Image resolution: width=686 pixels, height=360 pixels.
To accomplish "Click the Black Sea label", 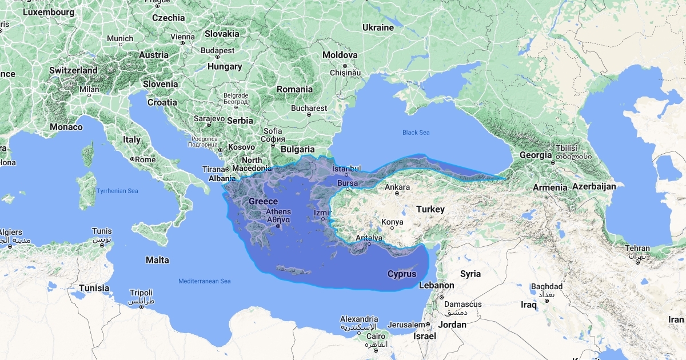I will tap(416, 133).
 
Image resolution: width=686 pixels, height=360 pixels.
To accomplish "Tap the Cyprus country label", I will tap(402, 274).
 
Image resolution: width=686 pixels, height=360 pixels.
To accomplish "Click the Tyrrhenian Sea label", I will tap(117, 191).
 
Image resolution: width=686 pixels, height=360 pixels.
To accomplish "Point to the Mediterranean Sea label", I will tap(204, 281).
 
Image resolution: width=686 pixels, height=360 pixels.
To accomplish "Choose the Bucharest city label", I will tap(309, 108).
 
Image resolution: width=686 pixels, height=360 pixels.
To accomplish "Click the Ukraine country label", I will tap(378, 27).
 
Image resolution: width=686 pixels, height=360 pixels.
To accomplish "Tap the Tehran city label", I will tap(637, 248).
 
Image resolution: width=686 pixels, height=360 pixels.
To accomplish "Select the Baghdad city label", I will tap(547, 286).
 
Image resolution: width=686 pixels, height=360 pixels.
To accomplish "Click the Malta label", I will tap(157, 260).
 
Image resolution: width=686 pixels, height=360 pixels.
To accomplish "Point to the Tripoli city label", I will tap(141, 292).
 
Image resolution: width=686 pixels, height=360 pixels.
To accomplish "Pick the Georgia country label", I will tap(536, 155).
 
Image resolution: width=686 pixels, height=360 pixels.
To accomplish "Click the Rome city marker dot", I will tap(132, 159).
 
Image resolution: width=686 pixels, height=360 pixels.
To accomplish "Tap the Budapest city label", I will tap(217, 50).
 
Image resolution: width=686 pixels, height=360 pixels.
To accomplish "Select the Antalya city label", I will tap(368, 238).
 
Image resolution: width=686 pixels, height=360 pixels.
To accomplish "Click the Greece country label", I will tap(263, 201).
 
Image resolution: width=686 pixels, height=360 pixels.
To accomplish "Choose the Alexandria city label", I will tap(359, 319).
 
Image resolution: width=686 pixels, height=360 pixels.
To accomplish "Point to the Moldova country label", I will tap(340, 55).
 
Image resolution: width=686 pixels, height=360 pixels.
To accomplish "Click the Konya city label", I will tap(392, 222).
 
